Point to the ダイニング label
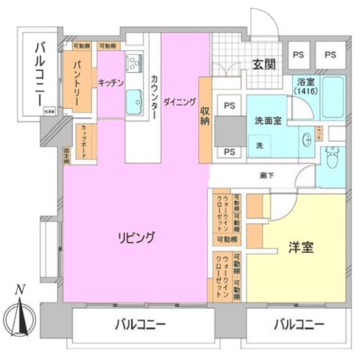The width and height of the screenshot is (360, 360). click(179, 103)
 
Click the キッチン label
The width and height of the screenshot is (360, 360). click(110, 82)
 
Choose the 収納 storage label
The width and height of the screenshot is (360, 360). click(205, 115)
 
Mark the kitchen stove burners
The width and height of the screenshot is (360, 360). click(133, 62)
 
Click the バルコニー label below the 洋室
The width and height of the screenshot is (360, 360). click(298, 325)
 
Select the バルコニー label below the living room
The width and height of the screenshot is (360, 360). click(139, 325)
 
